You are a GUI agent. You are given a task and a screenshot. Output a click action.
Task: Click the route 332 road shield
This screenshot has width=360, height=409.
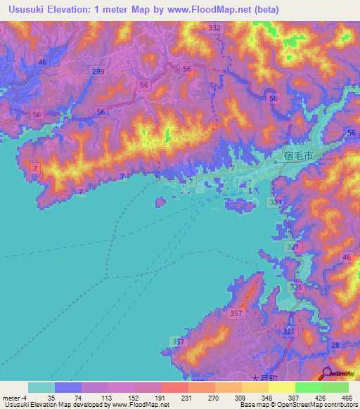(214, 27)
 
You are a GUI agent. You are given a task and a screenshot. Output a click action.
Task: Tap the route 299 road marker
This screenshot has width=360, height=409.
(98, 72)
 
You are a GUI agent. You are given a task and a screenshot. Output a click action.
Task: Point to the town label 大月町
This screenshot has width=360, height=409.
(264, 378)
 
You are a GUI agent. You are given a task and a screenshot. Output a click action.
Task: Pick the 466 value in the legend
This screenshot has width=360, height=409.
(346, 397)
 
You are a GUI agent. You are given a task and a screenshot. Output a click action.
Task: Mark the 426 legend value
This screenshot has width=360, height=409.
(319, 397)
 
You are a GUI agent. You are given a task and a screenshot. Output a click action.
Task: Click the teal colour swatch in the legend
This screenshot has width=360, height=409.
(41, 387)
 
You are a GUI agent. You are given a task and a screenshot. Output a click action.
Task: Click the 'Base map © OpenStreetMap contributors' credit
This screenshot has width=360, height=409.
(297, 405)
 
